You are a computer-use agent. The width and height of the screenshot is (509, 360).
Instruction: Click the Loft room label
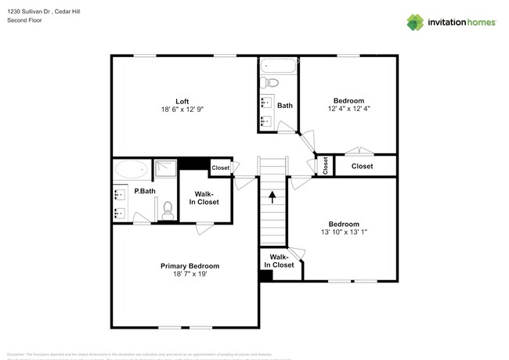point(182,101)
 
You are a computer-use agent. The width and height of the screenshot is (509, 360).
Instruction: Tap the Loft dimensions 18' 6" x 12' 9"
point(182,110)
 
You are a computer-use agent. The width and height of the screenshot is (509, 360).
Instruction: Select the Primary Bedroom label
point(184,265)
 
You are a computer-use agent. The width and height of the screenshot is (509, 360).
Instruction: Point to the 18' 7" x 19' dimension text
point(184,275)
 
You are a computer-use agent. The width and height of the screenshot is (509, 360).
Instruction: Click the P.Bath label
point(143,191)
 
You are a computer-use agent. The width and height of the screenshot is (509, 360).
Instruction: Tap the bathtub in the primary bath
point(132,168)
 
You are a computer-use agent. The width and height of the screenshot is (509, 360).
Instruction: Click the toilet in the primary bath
point(166,209)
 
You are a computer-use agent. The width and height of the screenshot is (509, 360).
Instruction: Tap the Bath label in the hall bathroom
point(284,105)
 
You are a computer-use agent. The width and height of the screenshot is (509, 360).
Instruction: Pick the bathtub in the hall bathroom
point(277,66)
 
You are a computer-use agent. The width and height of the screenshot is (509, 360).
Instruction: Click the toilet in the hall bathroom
point(271,82)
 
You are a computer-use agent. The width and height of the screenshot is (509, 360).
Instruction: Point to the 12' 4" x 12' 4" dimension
point(348,110)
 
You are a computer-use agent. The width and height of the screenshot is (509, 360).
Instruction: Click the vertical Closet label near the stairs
point(326,165)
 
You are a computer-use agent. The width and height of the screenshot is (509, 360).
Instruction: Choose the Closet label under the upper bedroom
point(362,166)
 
